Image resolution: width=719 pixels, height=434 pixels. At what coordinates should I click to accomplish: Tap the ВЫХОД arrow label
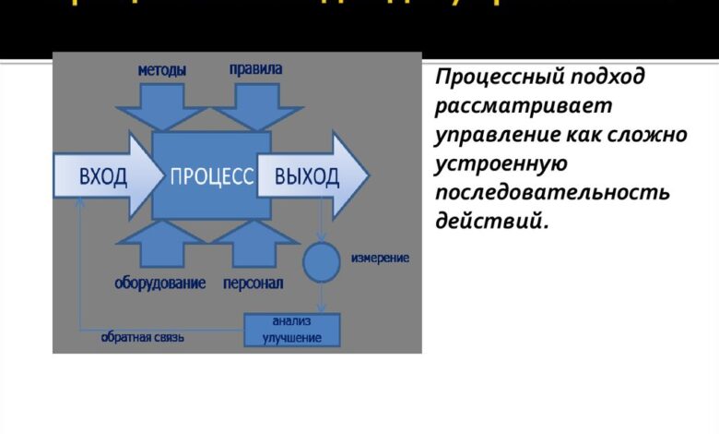[307, 176]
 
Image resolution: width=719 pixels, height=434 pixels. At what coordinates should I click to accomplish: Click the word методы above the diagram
[162, 70]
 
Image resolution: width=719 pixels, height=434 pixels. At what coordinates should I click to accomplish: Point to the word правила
[255, 69]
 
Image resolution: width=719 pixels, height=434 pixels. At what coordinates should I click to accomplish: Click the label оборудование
[160, 283]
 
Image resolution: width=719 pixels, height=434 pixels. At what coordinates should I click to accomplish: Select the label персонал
[253, 283]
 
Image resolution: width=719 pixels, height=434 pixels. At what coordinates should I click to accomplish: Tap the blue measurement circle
[321, 262]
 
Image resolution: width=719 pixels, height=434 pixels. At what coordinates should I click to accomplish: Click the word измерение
[380, 258]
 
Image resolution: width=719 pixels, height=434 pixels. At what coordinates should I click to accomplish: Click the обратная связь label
[143, 337]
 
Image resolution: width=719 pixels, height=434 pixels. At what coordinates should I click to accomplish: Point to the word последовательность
[552, 194]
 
